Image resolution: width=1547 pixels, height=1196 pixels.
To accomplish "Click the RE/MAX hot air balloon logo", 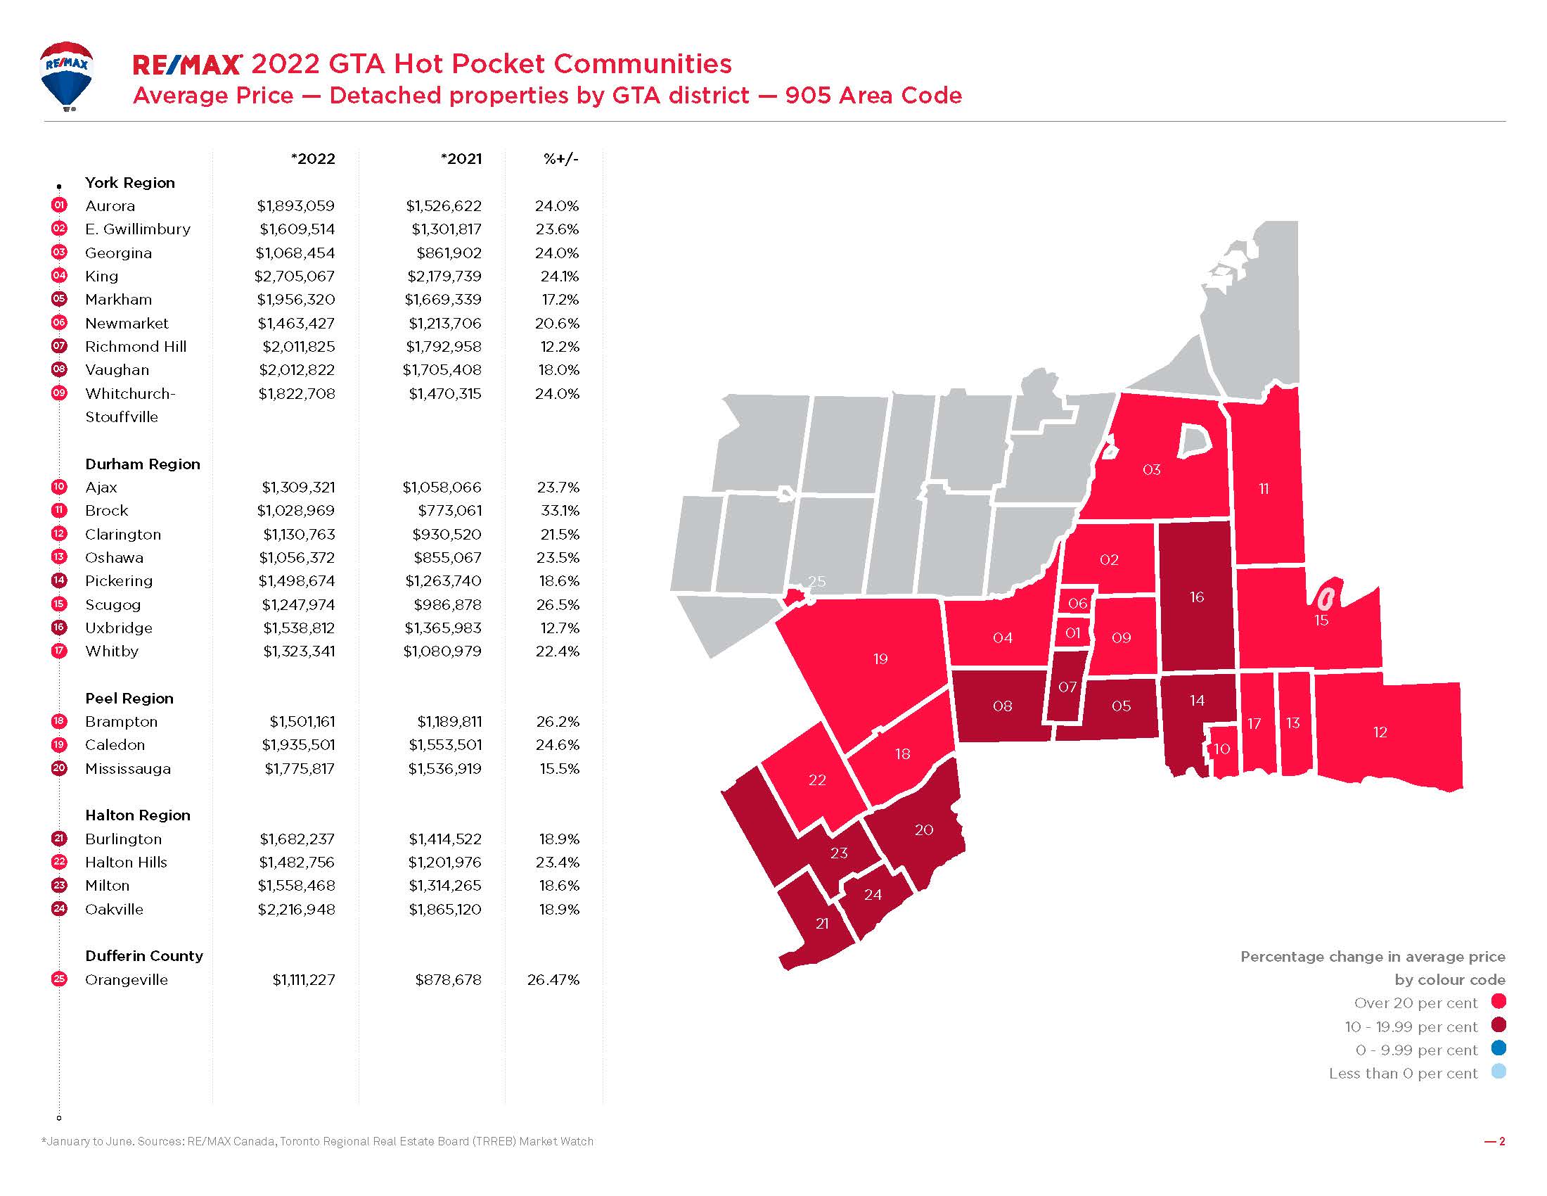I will pyautogui.click(x=67, y=75).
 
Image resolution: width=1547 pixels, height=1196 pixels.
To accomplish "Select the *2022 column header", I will pyautogui.click(x=312, y=159).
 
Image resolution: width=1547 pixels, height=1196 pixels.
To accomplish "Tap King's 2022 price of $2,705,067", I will pyautogui.click(x=295, y=276).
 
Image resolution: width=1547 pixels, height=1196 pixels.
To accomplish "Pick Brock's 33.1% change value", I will pyautogui.click(x=558, y=511).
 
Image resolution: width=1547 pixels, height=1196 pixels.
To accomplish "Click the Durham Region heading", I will pyautogui.click(x=142, y=464).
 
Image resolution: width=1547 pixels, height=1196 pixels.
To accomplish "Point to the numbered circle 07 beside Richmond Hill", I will pyautogui.click(x=59, y=346).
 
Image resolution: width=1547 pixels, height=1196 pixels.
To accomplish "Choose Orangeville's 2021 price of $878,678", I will pyautogui.click(x=448, y=980).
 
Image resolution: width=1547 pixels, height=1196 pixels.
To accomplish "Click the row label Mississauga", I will pyautogui.click(x=127, y=769).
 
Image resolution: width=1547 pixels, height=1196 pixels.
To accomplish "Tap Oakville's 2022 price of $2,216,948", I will pyautogui.click(x=296, y=909).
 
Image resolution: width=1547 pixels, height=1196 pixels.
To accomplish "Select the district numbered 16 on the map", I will pyautogui.click(x=1196, y=597).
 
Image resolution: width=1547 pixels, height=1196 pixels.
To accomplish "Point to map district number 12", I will pyautogui.click(x=1380, y=732).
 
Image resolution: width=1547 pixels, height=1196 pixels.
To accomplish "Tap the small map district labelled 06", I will pyautogui.click(x=1077, y=604).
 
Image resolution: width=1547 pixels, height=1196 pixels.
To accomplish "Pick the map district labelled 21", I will pyautogui.click(x=821, y=924).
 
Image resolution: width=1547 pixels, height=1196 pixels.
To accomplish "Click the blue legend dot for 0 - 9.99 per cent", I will pyautogui.click(x=1498, y=1048).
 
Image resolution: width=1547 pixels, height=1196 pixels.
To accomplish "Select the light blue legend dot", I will pyautogui.click(x=1498, y=1071).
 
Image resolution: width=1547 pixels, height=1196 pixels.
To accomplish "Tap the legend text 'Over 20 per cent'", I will pyautogui.click(x=1416, y=1003).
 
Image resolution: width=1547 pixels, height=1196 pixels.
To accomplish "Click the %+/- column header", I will pyautogui.click(x=560, y=159).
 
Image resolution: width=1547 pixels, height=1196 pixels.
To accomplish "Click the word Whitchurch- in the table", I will pyautogui.click(x=130, y=394).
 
